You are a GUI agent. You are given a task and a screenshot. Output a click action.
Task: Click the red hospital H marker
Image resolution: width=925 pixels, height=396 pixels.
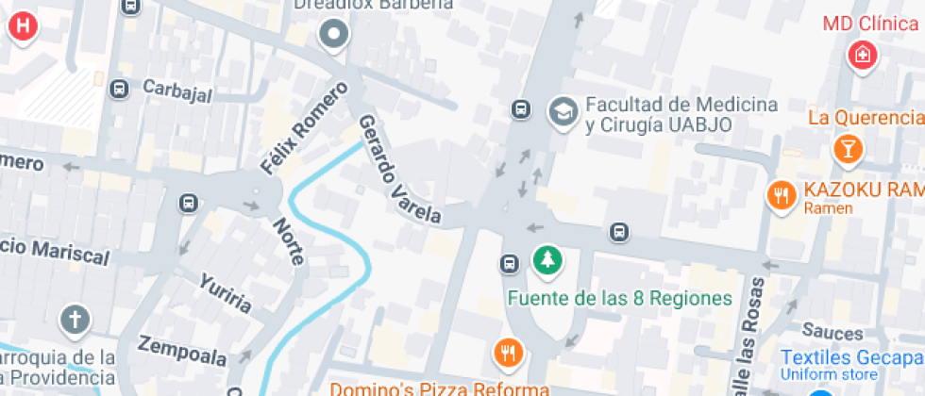[24, 25]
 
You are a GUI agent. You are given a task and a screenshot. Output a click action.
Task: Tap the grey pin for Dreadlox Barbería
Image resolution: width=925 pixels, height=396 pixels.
[333, 37]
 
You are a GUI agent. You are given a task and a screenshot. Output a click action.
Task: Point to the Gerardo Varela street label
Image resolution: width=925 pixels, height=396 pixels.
[398, 171]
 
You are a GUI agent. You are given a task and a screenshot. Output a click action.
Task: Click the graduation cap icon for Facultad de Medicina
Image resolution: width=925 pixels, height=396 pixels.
[563, 111]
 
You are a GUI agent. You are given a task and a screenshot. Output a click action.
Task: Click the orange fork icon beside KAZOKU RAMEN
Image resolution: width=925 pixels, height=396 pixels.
[781, 195]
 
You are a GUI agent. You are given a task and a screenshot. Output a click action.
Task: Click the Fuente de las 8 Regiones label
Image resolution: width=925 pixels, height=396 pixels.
[620, 298]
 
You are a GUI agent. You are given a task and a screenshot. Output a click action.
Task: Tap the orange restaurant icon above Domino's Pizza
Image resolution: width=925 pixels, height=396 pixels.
[509, 354]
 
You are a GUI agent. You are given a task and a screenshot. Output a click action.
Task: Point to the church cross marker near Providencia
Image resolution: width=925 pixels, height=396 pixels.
[75, 321]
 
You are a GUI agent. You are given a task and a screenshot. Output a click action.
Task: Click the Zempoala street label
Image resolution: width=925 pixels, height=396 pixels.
[182, 351]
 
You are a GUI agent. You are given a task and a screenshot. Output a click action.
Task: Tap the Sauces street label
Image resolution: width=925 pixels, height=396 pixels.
[832, 332]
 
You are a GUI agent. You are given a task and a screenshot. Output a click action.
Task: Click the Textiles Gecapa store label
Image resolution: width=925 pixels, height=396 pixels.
[852, 359]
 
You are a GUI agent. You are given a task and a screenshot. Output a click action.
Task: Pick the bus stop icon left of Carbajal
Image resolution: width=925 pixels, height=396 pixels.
[119, 89]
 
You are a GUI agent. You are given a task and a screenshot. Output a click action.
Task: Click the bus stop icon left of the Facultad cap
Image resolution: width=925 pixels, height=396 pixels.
[520, 110]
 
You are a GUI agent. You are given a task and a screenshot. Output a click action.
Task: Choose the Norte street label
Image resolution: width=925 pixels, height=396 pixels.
[288, 240]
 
